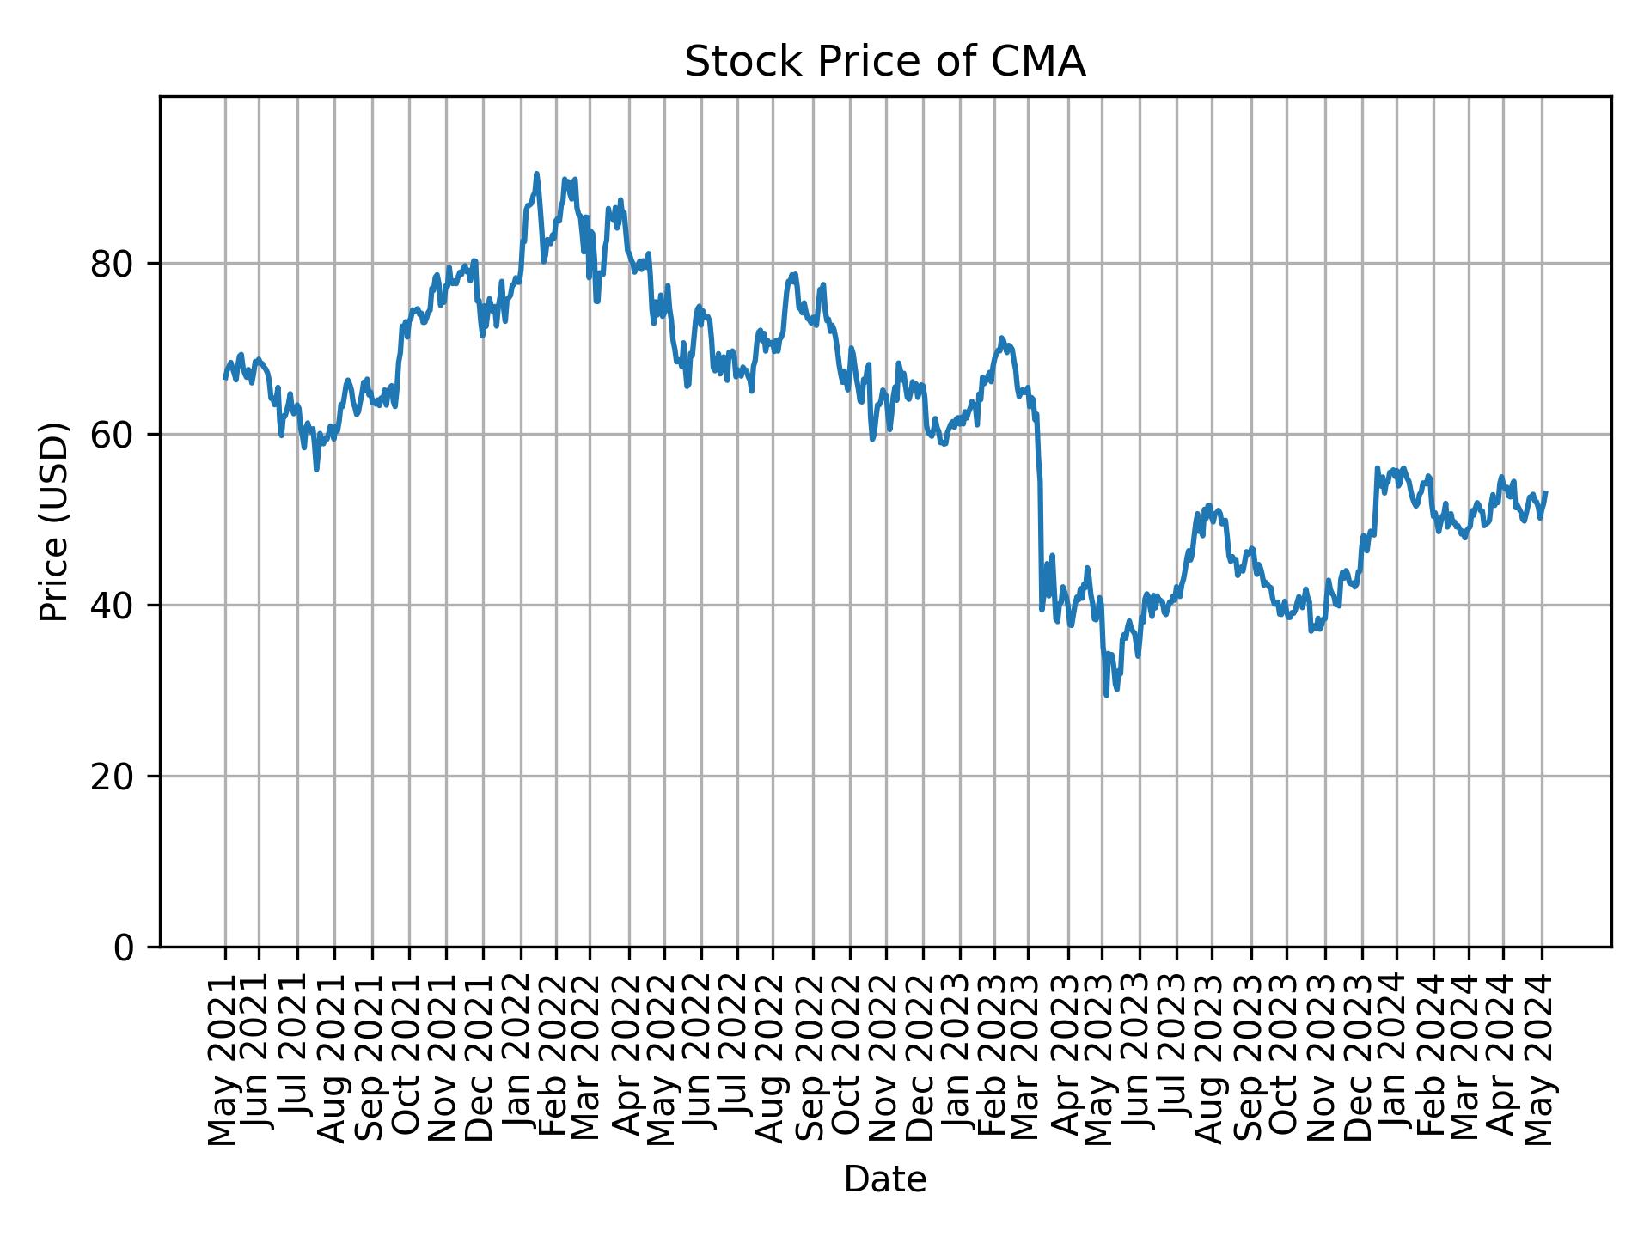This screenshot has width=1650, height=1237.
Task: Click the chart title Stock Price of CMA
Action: tap(884, 63)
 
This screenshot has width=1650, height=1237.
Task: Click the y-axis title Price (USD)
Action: tap(54, 521)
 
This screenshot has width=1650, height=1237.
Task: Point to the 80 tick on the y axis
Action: tap(113, 264)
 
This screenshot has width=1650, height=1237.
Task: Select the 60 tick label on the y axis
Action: tap(113, 435)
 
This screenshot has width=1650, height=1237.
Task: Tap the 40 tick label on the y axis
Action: tap(113, 606)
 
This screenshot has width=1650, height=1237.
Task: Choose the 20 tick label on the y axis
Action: tap(113, 777)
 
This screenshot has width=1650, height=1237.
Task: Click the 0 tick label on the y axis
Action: tap(124, 948)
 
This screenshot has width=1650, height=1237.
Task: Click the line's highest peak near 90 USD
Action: tap(536, 174)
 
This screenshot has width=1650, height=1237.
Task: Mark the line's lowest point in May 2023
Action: tap(1106, 695)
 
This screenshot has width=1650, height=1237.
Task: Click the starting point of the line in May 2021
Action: tap(225, 378)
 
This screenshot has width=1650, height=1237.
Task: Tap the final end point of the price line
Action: tap(1546, 492)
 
